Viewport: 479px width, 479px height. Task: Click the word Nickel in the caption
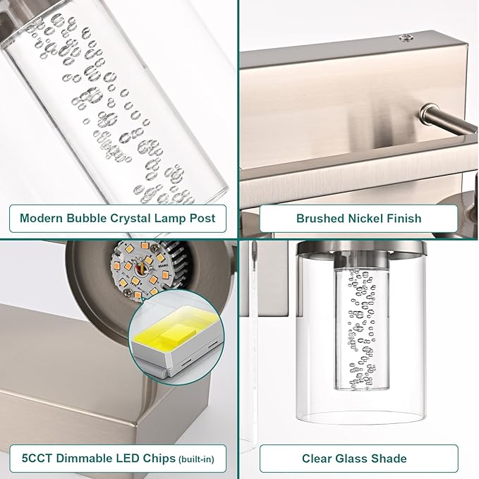(x=365, y=218)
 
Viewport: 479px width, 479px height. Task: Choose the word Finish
(x=404, y=218)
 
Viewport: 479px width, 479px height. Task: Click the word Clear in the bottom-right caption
(x=318, y=459)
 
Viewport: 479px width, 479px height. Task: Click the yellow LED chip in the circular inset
(x=174, y=334)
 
